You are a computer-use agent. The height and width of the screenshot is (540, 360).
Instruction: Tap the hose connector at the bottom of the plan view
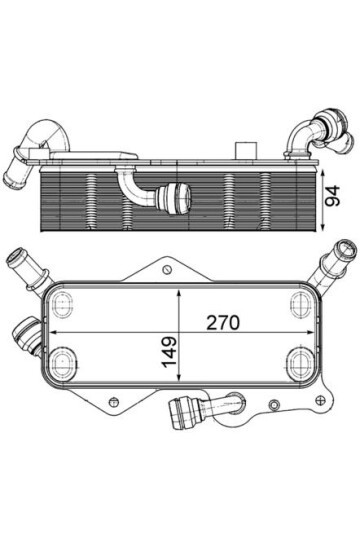point(200,407)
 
